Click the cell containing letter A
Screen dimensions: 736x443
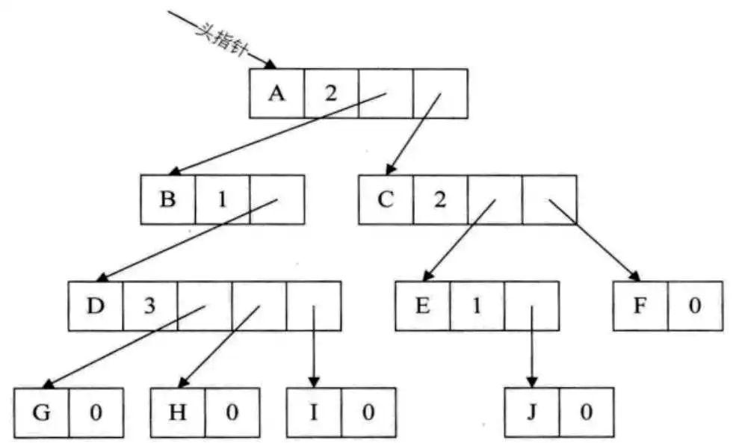pyautogui.click(x=277, y=93)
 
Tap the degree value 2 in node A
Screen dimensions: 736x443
pyautogui.click(x=332, y=93)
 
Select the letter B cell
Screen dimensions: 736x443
pyautogui.click(x=168, y=199)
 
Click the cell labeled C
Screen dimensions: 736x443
pyautogui.click(x=386, y=199)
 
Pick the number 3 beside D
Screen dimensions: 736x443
pyautogui.click(x=150, y=306)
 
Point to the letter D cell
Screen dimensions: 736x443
pyautogui.click(x=96, y=306)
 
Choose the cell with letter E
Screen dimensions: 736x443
pyautogui.click(x=423, y=306)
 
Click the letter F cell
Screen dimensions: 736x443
pyautogui.click(x=640, y=306)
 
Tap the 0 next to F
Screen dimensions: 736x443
pyautogui.click(x=695, y=306)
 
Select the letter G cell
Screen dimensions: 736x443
pyautogui.click(x=42, y=412)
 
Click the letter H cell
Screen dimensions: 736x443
pyautogui.click(x=178, y=412)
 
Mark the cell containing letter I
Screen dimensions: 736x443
pyautogui.click(x=314, y=412)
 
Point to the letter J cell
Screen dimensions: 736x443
pyautogui.click(x=532, y=412)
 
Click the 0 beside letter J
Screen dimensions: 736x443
pyautogui.click(x=587, y=412)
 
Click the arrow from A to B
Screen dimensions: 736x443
pyautogui.click(x=277, y=134)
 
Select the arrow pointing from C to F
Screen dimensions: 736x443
pyautogui.click(x=595, y=241)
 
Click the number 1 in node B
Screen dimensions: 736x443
pyautogui.click(x=223, y=199)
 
